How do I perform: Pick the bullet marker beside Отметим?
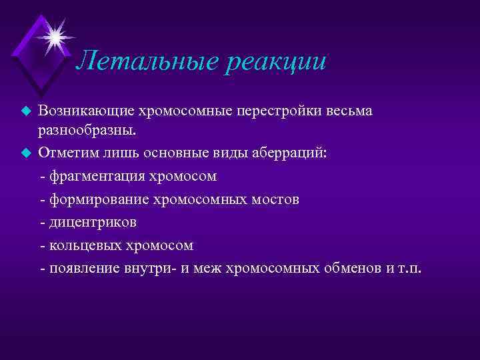coord(26,152)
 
